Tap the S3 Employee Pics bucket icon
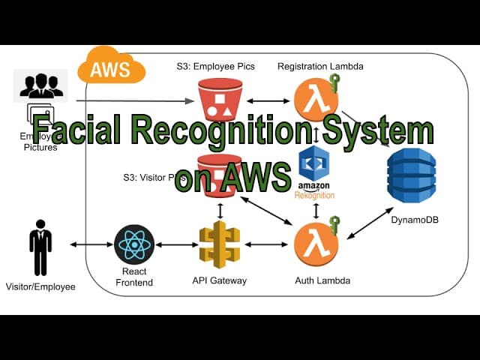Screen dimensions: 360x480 point(220,99)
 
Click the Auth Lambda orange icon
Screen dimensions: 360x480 point(315,244)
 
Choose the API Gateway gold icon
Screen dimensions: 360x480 point(220,244)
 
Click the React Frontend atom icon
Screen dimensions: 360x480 point(134,244)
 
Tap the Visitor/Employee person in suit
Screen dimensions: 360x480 point(40,247)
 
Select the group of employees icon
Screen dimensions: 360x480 point(40,85)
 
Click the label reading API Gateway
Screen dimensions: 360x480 point(220,280)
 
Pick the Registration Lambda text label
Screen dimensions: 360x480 point(320,67)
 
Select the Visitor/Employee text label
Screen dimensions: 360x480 point(40,286)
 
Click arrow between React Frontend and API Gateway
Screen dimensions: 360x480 point(177,244)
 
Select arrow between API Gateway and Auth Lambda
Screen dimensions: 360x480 point(266,244)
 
